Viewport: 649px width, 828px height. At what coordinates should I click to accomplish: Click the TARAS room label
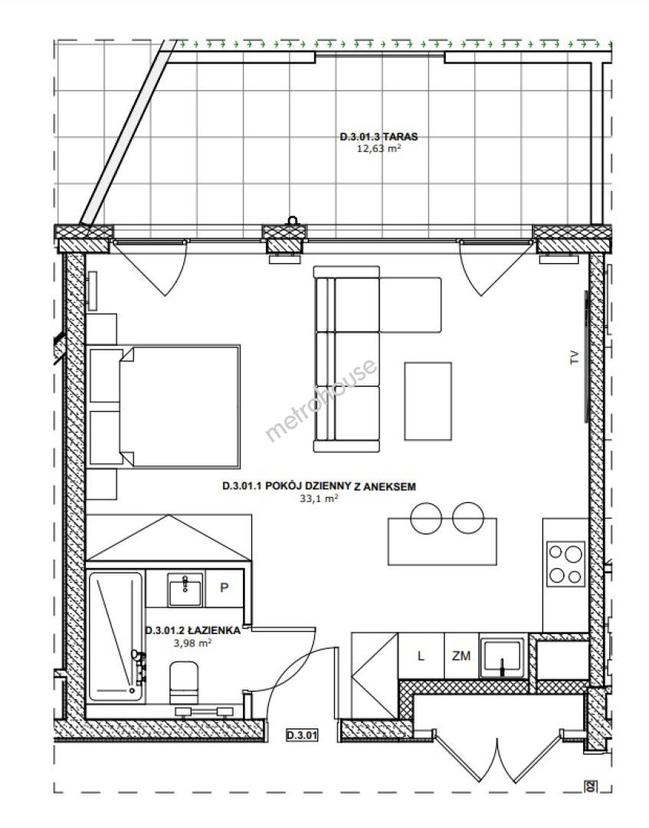coord(379,136)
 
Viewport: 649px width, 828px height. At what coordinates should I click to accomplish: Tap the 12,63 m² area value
coord(379,149)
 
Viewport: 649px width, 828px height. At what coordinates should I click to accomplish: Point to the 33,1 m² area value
coord(319,498)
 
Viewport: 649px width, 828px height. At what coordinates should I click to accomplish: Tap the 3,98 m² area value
coord(192,642)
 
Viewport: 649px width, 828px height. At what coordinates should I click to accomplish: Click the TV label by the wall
coord(574,357)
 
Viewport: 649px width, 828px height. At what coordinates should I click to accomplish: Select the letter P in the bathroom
coord(225,587)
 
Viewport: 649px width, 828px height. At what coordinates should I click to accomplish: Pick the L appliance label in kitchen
coord(421,656)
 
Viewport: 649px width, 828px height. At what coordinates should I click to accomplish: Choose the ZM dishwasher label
coord(461,656)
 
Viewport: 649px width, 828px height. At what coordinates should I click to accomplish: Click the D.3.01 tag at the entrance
coord(303,734)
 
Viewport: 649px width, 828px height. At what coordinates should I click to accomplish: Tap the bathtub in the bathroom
coord(116,637)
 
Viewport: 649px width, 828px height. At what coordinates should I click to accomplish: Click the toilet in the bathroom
coord(184,683)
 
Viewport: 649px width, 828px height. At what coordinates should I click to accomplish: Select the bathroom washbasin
coord(185,590)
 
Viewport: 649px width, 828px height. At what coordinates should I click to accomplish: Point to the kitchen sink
coord(502,658)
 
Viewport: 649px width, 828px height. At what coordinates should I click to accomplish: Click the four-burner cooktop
coord(565,563)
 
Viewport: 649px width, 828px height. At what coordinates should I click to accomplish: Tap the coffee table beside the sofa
coord(428,401)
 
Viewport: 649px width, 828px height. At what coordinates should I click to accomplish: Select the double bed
coord(164,406)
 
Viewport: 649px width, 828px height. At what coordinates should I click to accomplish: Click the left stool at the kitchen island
coord(426,518)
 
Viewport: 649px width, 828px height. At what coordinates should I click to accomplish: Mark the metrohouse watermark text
coord(321,399)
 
